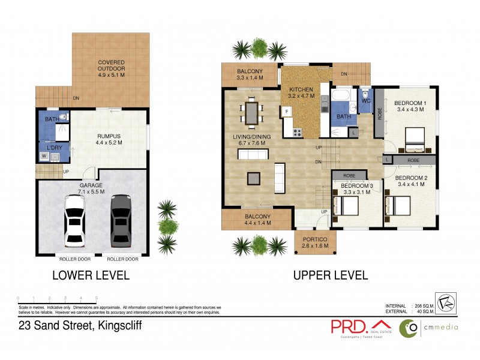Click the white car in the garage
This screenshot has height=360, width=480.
[74, 220]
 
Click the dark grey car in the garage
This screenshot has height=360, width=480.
[121, 220]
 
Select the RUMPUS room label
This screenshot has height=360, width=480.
[109, 139]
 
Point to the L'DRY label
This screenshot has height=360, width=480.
[48, 146]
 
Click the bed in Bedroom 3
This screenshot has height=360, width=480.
[346, 208]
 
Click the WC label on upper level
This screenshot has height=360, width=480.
[366, 101]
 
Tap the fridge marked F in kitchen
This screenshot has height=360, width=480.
[287, 112]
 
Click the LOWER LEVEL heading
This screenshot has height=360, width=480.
[91, 275]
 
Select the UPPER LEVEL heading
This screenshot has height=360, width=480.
[330, 275]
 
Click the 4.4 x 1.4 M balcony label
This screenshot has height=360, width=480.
[257, 219]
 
